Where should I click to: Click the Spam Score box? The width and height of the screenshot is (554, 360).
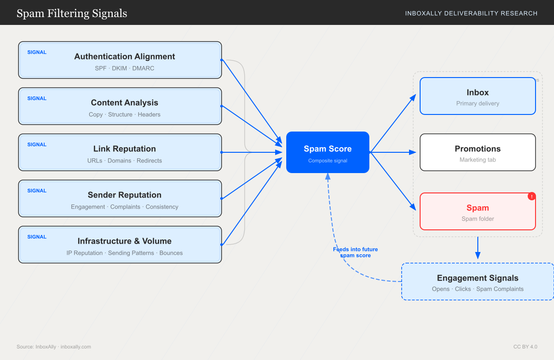click(x=327, y=152)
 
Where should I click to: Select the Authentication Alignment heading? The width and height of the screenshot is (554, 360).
click(x=125, y=56)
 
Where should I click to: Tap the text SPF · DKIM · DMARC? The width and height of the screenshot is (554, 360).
click(x=125, y=68)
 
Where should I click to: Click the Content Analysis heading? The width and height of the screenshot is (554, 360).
click(x=125, y=102)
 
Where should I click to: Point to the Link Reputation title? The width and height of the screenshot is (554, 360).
click(x=125, y=149)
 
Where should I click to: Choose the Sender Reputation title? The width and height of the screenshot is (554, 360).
click(x=125, y=195)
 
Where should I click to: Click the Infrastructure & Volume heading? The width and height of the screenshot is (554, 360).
click(x=125, y=241)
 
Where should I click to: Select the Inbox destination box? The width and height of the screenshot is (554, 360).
click(x=477, y=96)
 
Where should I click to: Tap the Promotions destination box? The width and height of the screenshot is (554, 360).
click(x=477, y=152)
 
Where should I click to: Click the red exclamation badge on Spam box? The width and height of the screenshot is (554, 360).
click(x=531, y=196)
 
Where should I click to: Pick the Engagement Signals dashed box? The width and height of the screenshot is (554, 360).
click(x=477, y=282)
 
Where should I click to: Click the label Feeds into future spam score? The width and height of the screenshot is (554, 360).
click(x=355, y=252)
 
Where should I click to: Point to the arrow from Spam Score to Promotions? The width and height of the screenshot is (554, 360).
click(x=392, y=152)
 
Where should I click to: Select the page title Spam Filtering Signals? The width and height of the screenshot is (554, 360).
click(x=72, y=13)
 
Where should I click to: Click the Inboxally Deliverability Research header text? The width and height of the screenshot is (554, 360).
click(x=471, y=13)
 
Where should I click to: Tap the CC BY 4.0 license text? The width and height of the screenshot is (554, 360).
click(x=525, y=347)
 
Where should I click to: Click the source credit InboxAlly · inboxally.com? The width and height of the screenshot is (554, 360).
click(x=54, y=347)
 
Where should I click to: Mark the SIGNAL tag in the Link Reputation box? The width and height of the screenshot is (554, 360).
click(x=37, y=144)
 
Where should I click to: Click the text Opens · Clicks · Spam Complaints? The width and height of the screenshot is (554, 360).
click(x=477, y=289)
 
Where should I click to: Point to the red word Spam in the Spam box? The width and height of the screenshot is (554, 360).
click(x=477, y=208)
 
